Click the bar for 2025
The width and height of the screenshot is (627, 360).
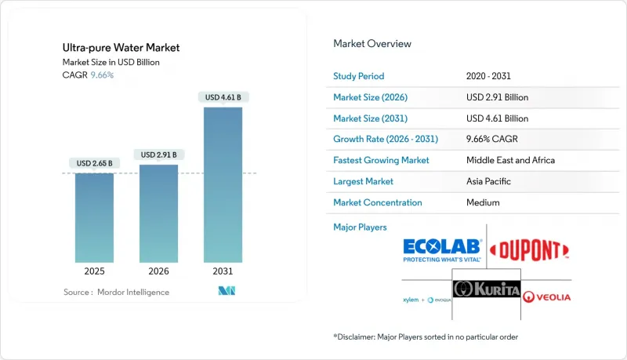[94, 217]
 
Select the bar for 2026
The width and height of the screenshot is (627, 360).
[158, 213]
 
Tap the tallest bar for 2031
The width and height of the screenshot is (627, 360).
[223, 184]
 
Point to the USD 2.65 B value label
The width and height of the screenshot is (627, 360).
[94, 163]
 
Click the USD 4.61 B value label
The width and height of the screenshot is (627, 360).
[223, 97]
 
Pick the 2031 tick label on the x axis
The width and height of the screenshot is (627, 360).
[223, 271]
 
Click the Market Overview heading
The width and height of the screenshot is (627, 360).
[372, 43]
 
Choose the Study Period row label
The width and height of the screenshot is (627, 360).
[360, 76]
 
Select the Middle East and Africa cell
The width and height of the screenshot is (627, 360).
[509, 160]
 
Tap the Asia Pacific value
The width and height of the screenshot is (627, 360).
[490, 181]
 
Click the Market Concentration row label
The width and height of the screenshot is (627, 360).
[378, 202]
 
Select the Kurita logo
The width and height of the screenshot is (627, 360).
[487, 289]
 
